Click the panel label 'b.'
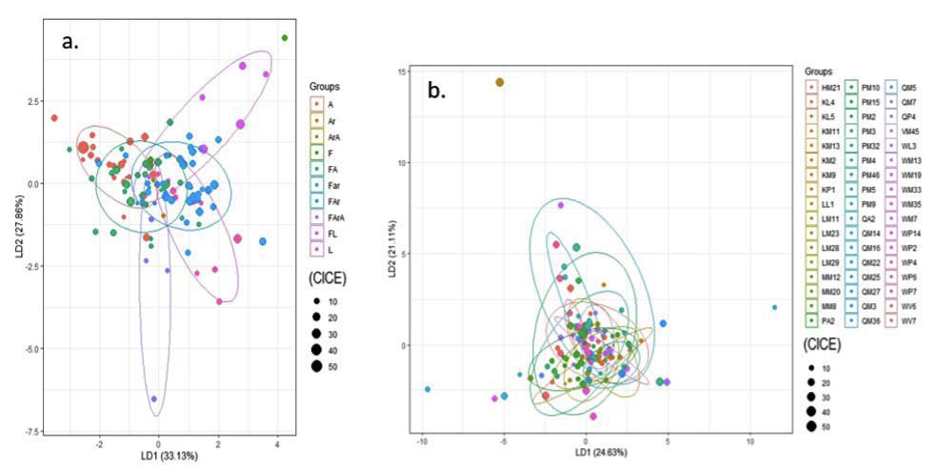[442, 92]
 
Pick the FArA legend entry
[333, 216]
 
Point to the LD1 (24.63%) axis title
[586, 462]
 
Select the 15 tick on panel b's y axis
[405, 72]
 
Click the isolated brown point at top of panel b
[499, 82]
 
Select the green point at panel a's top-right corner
[284, 38]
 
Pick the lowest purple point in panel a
[154, 399]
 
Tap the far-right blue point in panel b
[774, 307]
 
